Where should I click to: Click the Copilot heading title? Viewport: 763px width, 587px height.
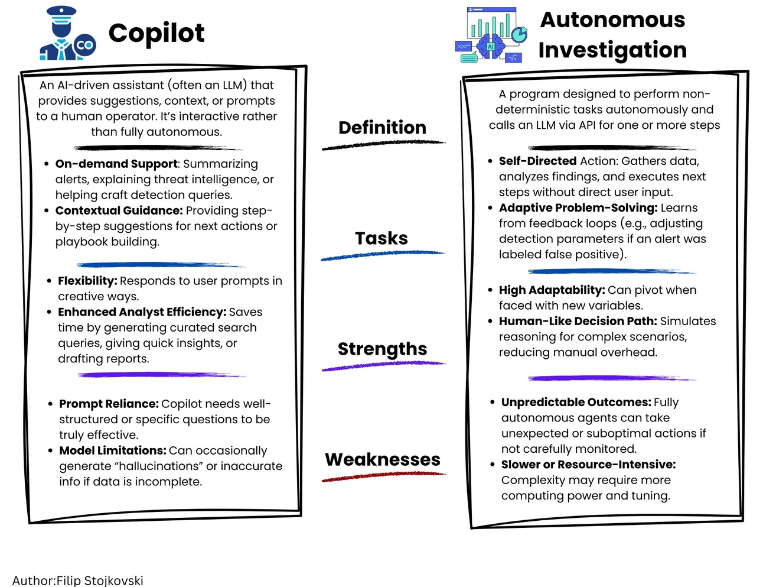(x=156, y=34)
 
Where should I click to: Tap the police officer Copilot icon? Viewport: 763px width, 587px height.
(x=67, y=34)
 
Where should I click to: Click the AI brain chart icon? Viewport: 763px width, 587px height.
(x=491, y=35)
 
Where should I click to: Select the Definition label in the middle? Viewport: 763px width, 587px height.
(x=382, y=128)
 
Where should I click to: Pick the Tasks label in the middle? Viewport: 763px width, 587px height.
(x=382, y=238)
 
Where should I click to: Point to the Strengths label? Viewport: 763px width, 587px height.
(x=382, y=349)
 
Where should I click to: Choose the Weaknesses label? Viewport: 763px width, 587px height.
(x=383, y=459)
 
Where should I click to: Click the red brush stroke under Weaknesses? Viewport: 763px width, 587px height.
(x=383, y=476)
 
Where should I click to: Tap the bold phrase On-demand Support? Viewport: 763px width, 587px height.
(x=116, y=164)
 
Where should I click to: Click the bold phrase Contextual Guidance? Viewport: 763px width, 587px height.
(x=119, y=210)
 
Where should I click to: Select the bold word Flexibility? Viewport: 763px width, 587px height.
(x=87, y=281)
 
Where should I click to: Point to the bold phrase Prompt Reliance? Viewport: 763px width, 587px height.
(x=109, y=404)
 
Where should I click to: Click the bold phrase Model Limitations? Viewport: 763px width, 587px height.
(x=112, y=450)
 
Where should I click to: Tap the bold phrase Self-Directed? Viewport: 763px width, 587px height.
(x=537, y=161)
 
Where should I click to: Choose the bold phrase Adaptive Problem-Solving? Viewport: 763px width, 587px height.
(x=578, y=207)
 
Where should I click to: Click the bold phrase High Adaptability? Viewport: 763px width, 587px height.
(x=552, y=290)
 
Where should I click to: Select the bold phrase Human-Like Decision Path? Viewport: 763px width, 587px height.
(x=578, y=321)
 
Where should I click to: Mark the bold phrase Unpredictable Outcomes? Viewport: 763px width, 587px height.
(x=576, y=402)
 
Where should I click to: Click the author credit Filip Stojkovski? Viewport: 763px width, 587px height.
(x=99, y=580)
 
